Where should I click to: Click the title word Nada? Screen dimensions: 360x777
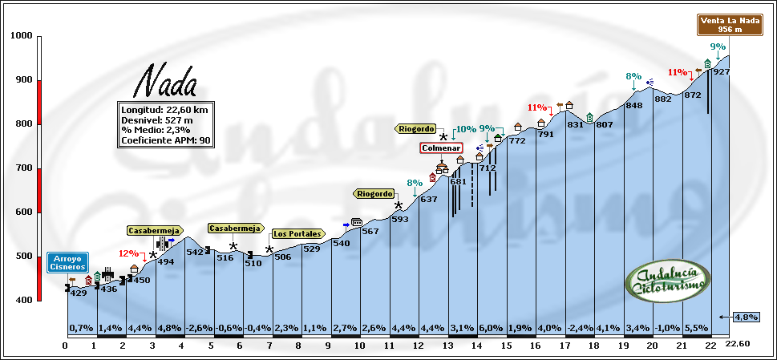(x=164, y=81)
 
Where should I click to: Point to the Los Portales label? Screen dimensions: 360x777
(x=297, y=234)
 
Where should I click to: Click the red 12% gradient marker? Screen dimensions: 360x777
(x=128, y=253)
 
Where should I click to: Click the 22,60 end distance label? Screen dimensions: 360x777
(x=738, y=344)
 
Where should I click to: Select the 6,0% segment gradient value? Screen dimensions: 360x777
(x=492, y=328)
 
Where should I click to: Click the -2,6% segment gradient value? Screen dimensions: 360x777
(x=199, y=328)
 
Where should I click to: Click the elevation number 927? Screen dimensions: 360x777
(x=721, y=72)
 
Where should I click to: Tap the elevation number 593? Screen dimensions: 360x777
(x=399, y=219)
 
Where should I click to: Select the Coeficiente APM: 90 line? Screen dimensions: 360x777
(x=165, y=140)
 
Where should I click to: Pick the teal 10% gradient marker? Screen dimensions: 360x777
(x=466, y=128)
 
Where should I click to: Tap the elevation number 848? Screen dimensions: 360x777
(x=634, y=105)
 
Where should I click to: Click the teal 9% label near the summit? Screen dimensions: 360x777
(x=718, y=47)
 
